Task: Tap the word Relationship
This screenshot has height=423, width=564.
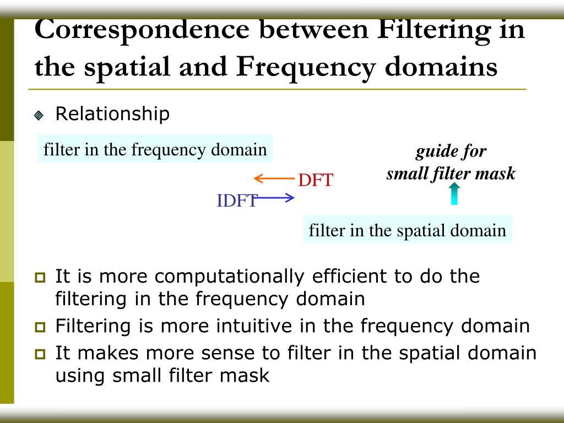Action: [112, 114]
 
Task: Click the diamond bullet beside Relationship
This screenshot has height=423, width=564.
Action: [39, 116]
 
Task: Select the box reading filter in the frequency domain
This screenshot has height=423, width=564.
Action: [155, 150]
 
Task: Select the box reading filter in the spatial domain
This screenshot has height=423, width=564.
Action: [407, 230]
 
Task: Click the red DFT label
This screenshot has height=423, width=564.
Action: [316, 180]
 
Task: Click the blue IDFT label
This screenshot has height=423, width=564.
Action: [236, 201]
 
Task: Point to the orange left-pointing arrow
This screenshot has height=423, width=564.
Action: [274, 178]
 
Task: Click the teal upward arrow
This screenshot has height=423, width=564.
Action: [454, 194]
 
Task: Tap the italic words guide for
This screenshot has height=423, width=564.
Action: [451, 151]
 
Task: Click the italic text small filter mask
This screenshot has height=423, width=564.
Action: [451, 174]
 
